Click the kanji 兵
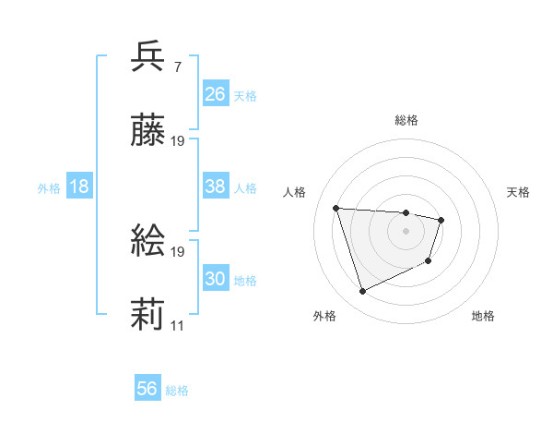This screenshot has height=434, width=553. pos(148,57)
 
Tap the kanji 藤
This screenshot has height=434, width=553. pos(148,132)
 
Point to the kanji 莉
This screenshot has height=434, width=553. pos(148,316)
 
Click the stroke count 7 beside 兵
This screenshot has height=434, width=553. pos(177,67)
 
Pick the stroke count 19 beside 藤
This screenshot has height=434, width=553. pos(178,141)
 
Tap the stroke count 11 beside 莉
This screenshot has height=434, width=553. pos(178,326)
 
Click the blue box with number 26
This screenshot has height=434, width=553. pos(215,94)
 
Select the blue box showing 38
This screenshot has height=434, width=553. pos(215,187)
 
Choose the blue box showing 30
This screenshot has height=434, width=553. pos(215,279)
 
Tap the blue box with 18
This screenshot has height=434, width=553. pos(79,187)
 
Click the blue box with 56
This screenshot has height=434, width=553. pos(147,389)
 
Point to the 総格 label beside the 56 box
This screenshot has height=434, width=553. pos(177,391)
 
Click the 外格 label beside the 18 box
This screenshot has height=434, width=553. pos(49,188)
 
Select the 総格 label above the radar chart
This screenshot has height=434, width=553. pos(406,120)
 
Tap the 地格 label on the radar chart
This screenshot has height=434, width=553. pos(483,317)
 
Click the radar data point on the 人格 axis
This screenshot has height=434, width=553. pos(336,208)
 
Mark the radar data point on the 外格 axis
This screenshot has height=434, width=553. pos(362,292)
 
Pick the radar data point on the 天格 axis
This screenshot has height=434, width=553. pos(441,220)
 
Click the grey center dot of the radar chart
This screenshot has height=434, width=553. pos(406,231)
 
